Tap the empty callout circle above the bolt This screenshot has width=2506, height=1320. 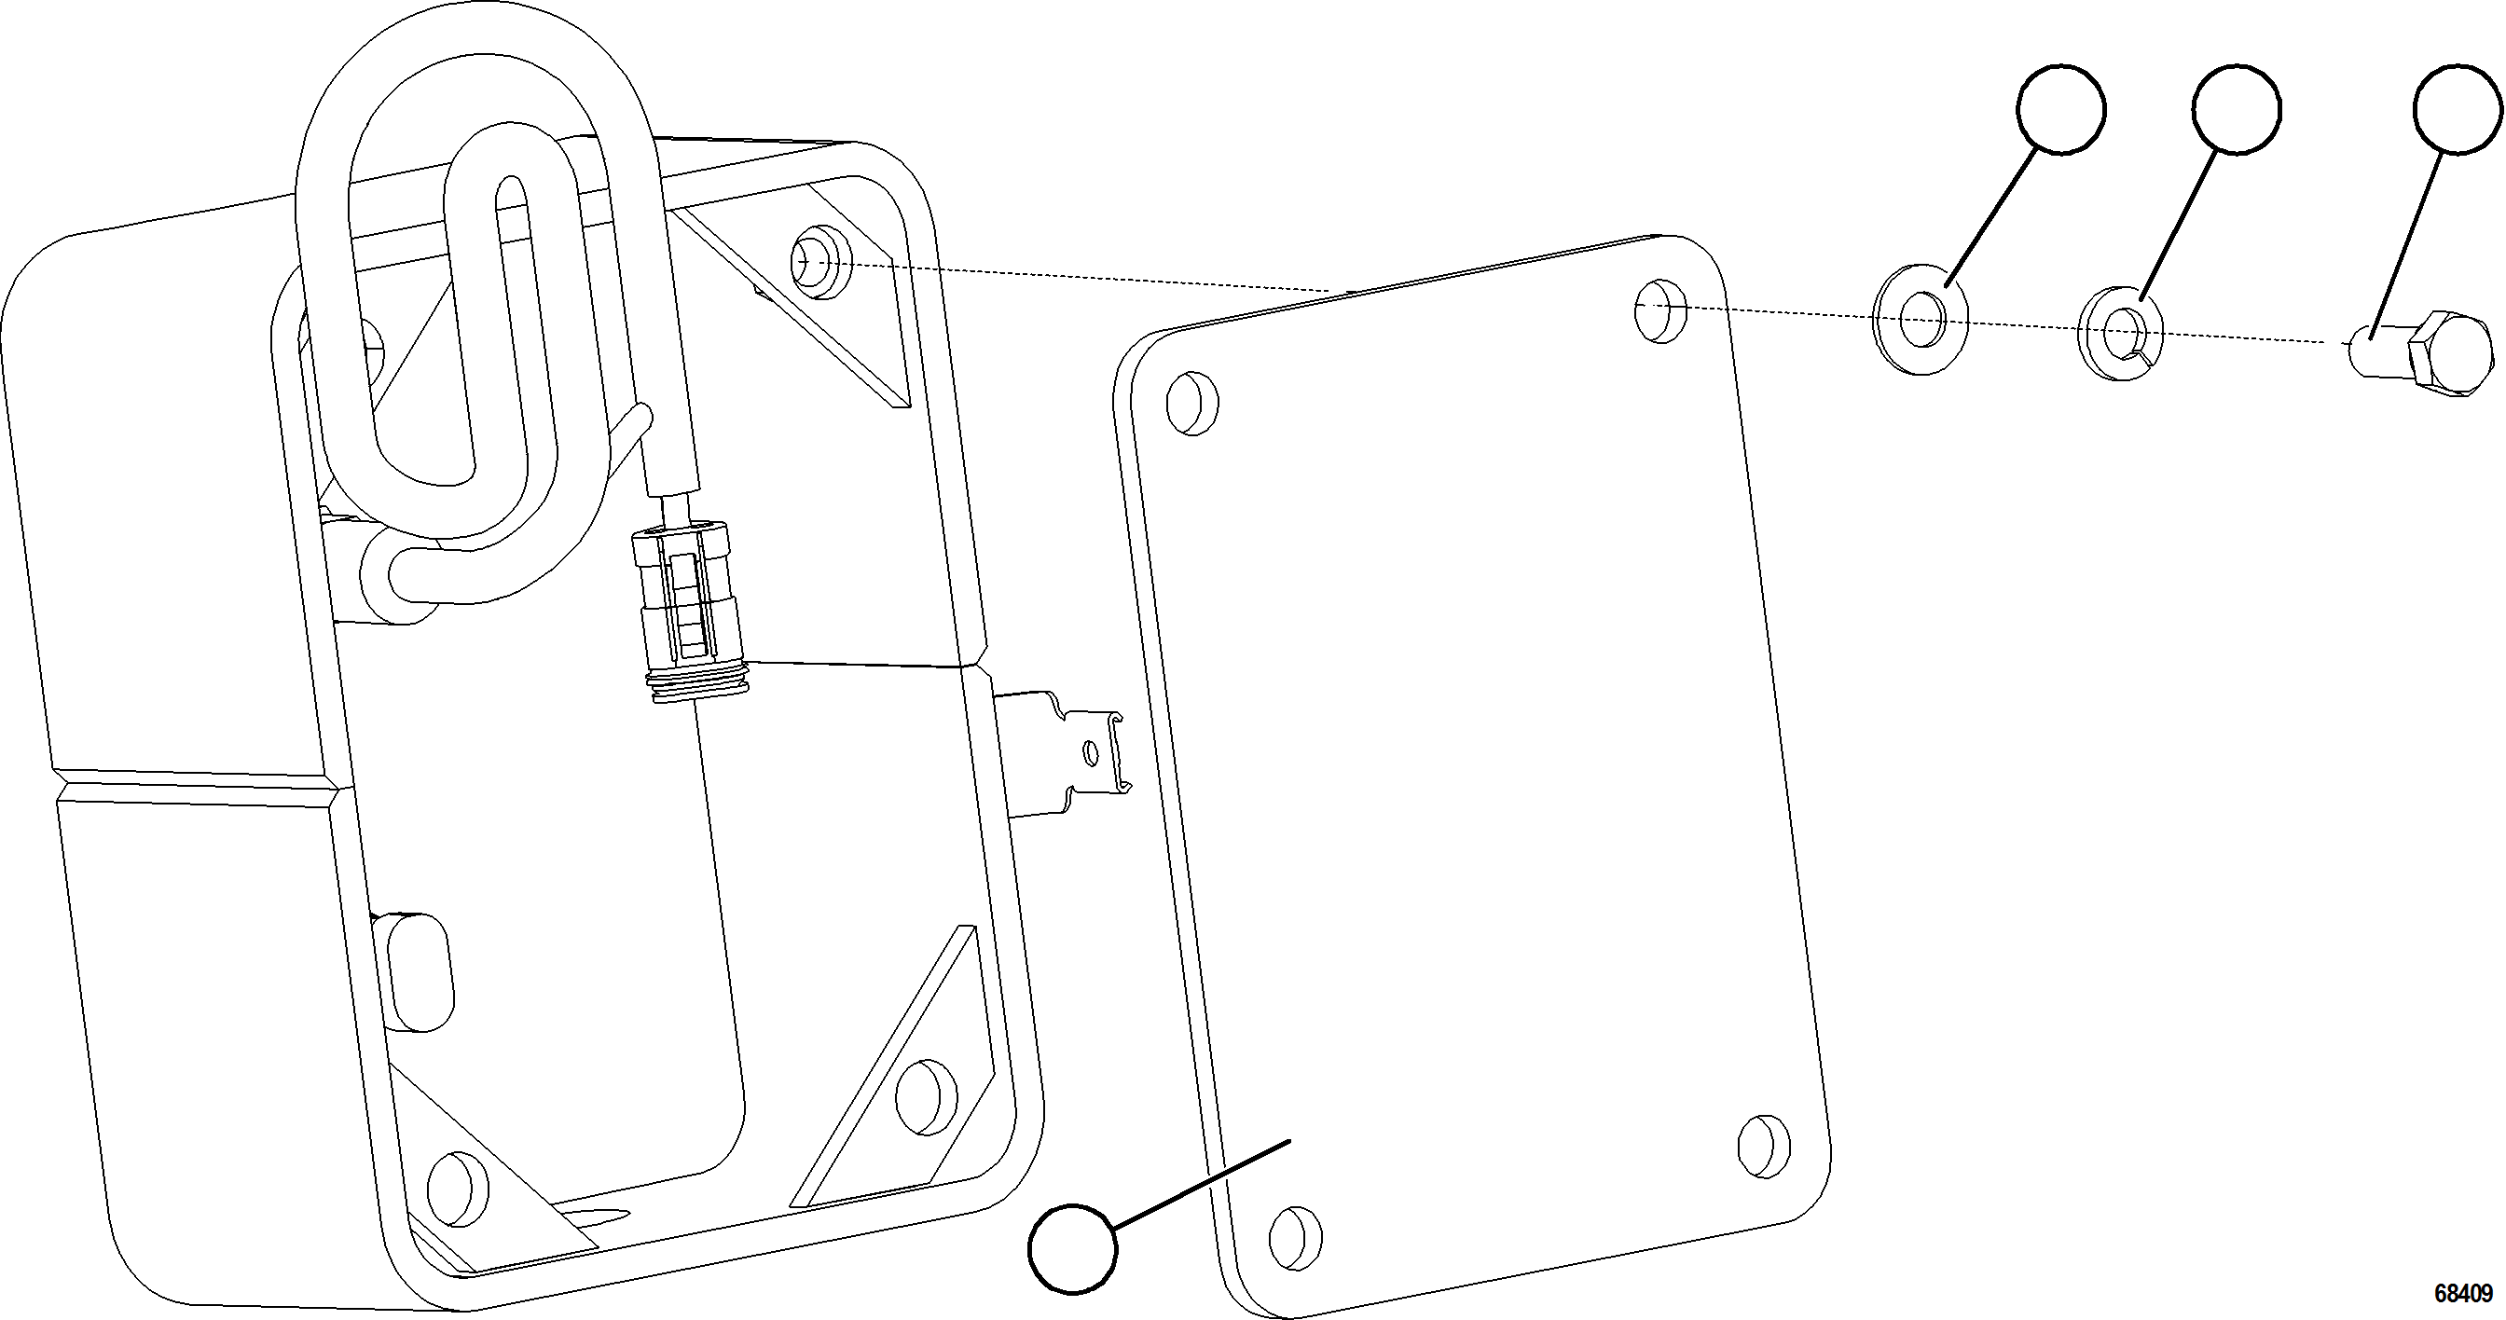[x=2457, y=109]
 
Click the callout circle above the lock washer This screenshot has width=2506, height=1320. [x=2237, y=109]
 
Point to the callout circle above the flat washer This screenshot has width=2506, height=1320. [x=2061, y=109]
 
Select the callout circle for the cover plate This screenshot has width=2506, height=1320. [x=1073, y=1248]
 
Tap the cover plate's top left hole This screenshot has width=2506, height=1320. [x=1191, y=401]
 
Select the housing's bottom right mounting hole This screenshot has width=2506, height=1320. [x=925, y=1096]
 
